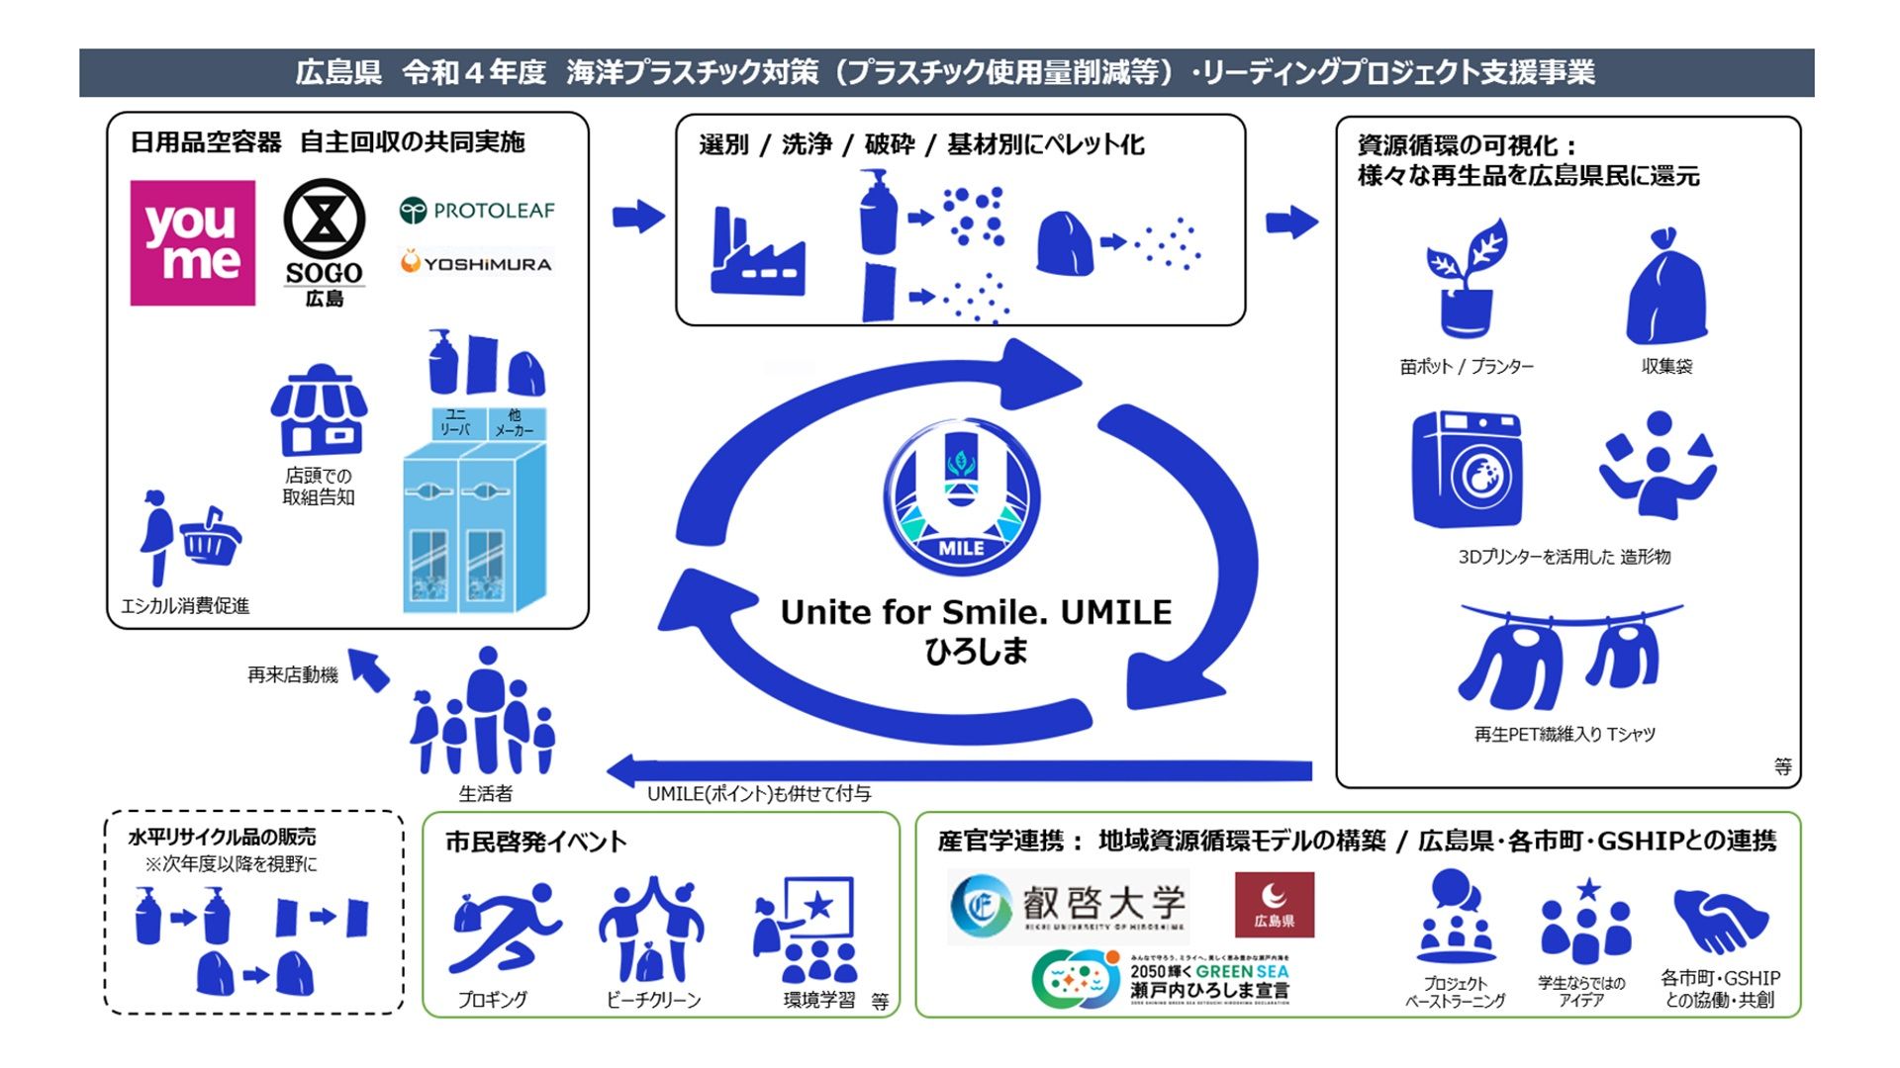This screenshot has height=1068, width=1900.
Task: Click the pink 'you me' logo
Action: pos(193,242)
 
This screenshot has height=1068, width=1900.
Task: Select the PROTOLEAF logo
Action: pos(477,210)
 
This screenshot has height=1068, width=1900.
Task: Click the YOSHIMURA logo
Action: pos(477,263)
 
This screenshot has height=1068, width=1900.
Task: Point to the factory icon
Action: pos(756,254)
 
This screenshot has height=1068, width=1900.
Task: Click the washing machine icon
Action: pos(1467,469)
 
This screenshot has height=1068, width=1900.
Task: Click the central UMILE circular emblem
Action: pos(961,498)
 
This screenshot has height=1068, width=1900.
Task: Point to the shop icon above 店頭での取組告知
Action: pos(319,409)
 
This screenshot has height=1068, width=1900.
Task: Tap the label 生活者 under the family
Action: pos(485,793)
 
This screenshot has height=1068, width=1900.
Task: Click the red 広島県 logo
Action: pos(1275,904)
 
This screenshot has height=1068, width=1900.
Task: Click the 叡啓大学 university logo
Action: pos(1069,905)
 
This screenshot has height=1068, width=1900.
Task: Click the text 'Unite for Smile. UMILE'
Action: pos(976,612)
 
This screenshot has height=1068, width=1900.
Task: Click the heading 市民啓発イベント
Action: pos(535,842)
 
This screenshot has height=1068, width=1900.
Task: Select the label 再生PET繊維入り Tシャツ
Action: pos(1565,734)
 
